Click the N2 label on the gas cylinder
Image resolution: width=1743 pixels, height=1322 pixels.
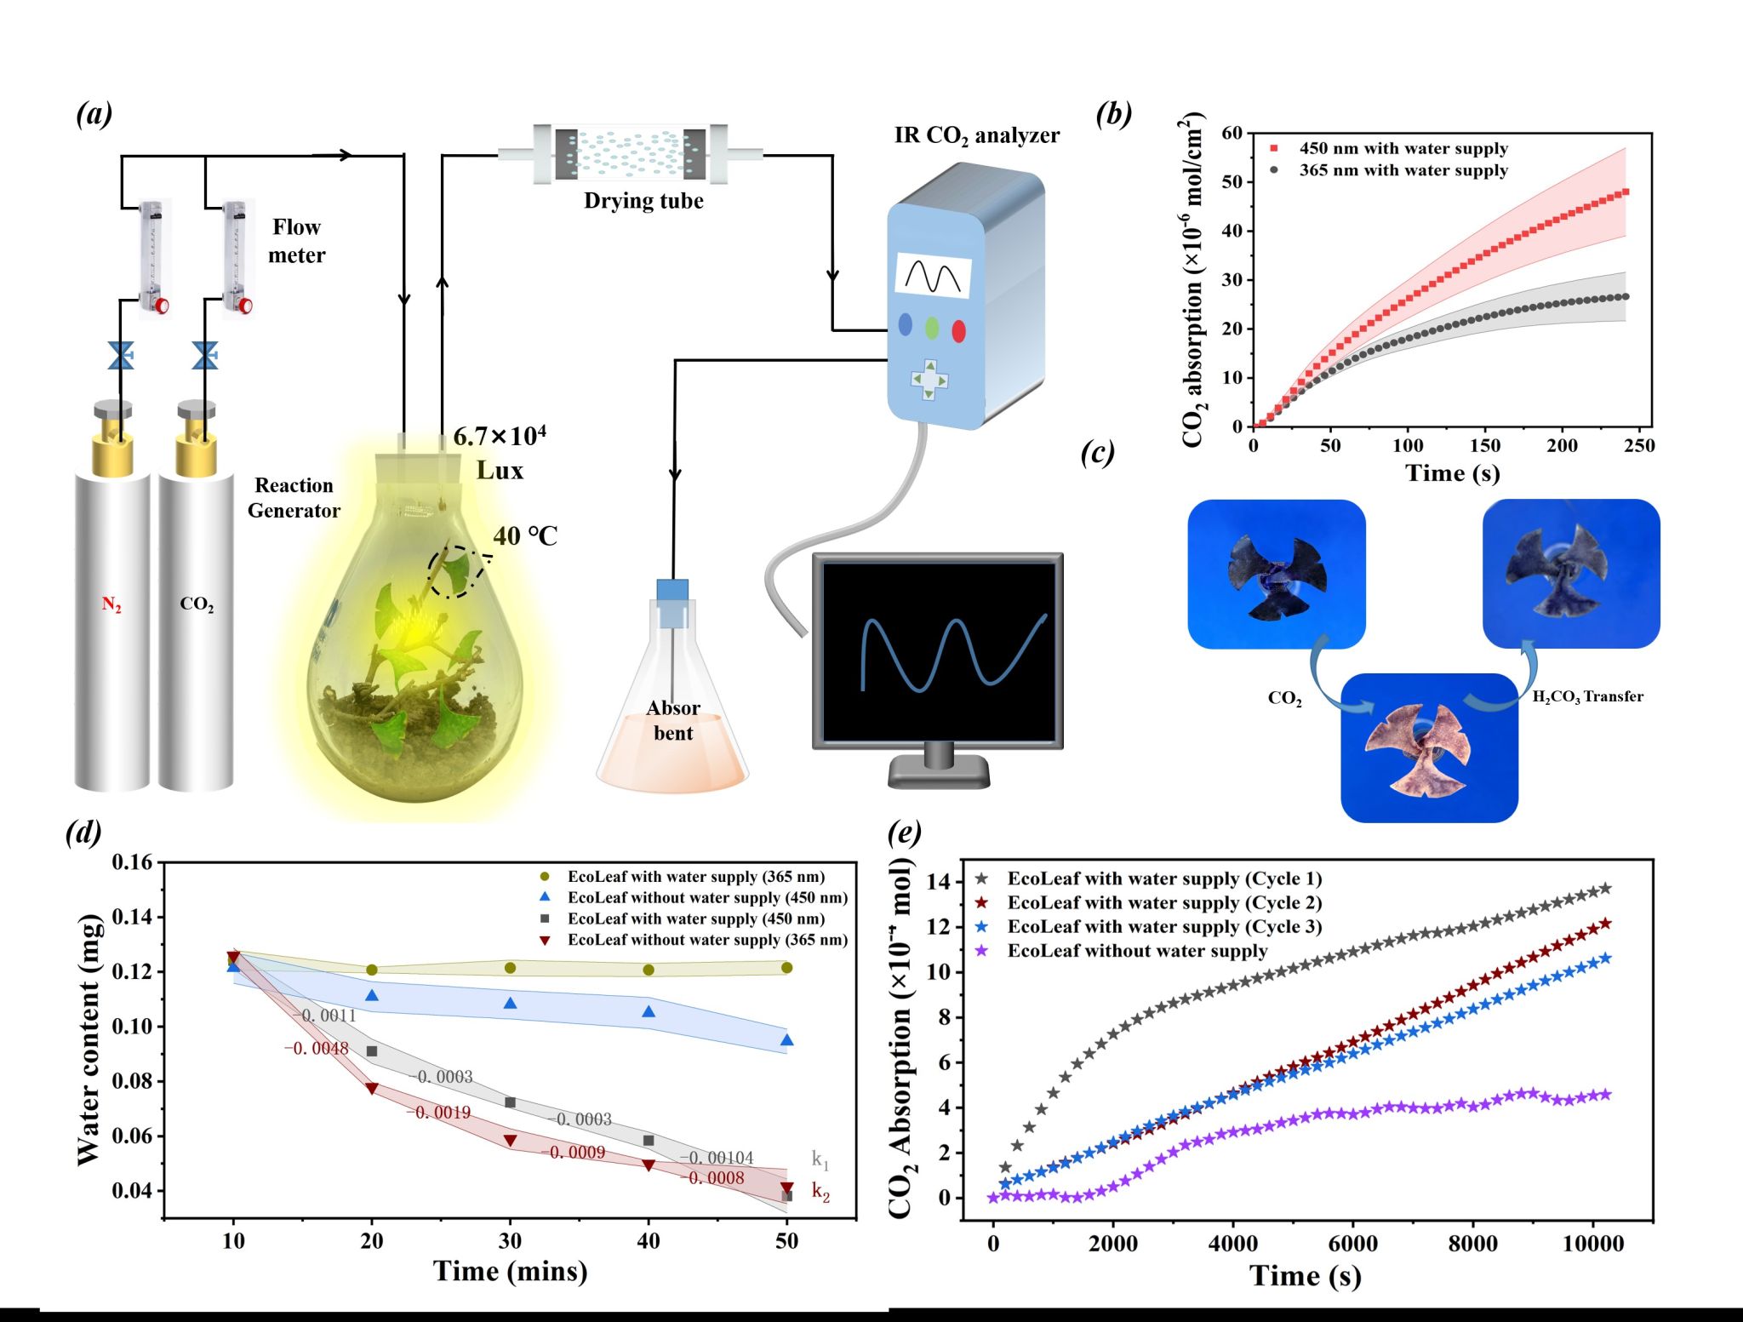[x=111, y=604]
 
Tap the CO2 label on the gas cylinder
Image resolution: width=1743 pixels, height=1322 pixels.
[x=197, y=604]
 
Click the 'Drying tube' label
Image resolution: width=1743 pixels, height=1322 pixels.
[x=643, y=201]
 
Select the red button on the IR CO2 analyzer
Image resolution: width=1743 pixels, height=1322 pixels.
[x=958, y=330]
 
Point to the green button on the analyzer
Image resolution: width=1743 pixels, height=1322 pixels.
[x=932, y=328]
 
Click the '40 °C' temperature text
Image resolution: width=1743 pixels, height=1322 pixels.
[x=525, y=536]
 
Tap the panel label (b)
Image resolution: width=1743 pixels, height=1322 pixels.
[x=1114, y=113]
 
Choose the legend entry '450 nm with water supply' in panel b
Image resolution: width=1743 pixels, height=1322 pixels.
[x=1403, y=148]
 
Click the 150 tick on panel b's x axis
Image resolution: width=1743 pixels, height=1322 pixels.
[x=1485, y=445]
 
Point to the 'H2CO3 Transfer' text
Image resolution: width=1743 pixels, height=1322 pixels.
[x=1587, y=696]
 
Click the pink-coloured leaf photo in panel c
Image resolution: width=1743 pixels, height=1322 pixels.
[x=1429, y=747]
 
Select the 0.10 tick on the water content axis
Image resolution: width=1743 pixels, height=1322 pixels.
[x=132, y=1026]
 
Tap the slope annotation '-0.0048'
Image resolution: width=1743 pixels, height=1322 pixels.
[x=316, y=1048]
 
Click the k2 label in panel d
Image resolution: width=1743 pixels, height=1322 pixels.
[x=820, y=1191]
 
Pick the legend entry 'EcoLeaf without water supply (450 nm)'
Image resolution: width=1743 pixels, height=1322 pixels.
[x=707, y=897]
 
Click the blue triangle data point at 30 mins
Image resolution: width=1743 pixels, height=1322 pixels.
[x=511, y=1004]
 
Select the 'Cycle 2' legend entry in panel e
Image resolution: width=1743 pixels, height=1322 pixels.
[x=1163, y=902]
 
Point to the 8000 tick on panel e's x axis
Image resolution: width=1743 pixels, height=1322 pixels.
[x=1473, y=1244]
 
